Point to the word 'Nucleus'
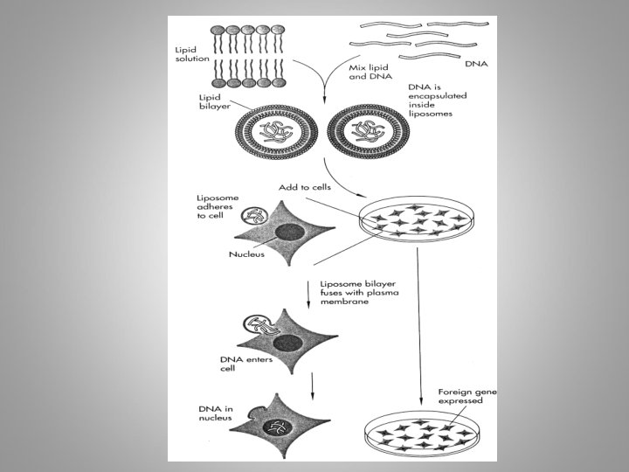[246, 255]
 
